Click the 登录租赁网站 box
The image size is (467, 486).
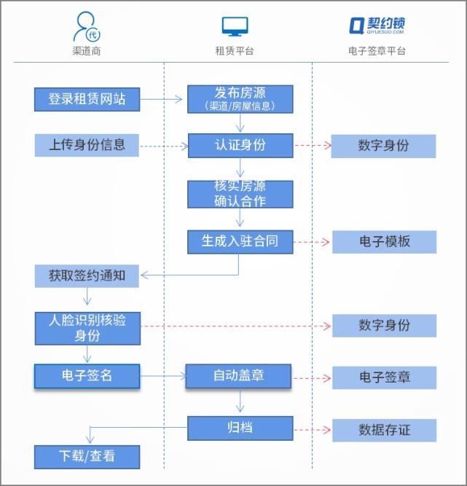(x=87, y=99)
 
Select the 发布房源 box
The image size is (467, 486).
(x=240, y=99)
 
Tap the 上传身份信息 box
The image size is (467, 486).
(x=87, y=145)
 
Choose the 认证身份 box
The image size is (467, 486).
(x=240, y=145)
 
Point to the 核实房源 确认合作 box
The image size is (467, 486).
(x=240, y=194)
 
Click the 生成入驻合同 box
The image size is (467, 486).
(x=240, y=241)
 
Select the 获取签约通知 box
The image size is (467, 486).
(x=87, y=276)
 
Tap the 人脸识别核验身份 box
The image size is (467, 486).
(x=87, y=328)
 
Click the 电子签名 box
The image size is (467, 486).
(x=87, y=376)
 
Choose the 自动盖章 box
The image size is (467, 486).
(x=238, y=376)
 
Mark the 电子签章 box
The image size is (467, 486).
(x=384, y=377)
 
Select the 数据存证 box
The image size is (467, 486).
(x=384, y=430)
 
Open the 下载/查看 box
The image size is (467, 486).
(x=87, y=457)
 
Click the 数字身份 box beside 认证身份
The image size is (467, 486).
(x=383, y=146)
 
